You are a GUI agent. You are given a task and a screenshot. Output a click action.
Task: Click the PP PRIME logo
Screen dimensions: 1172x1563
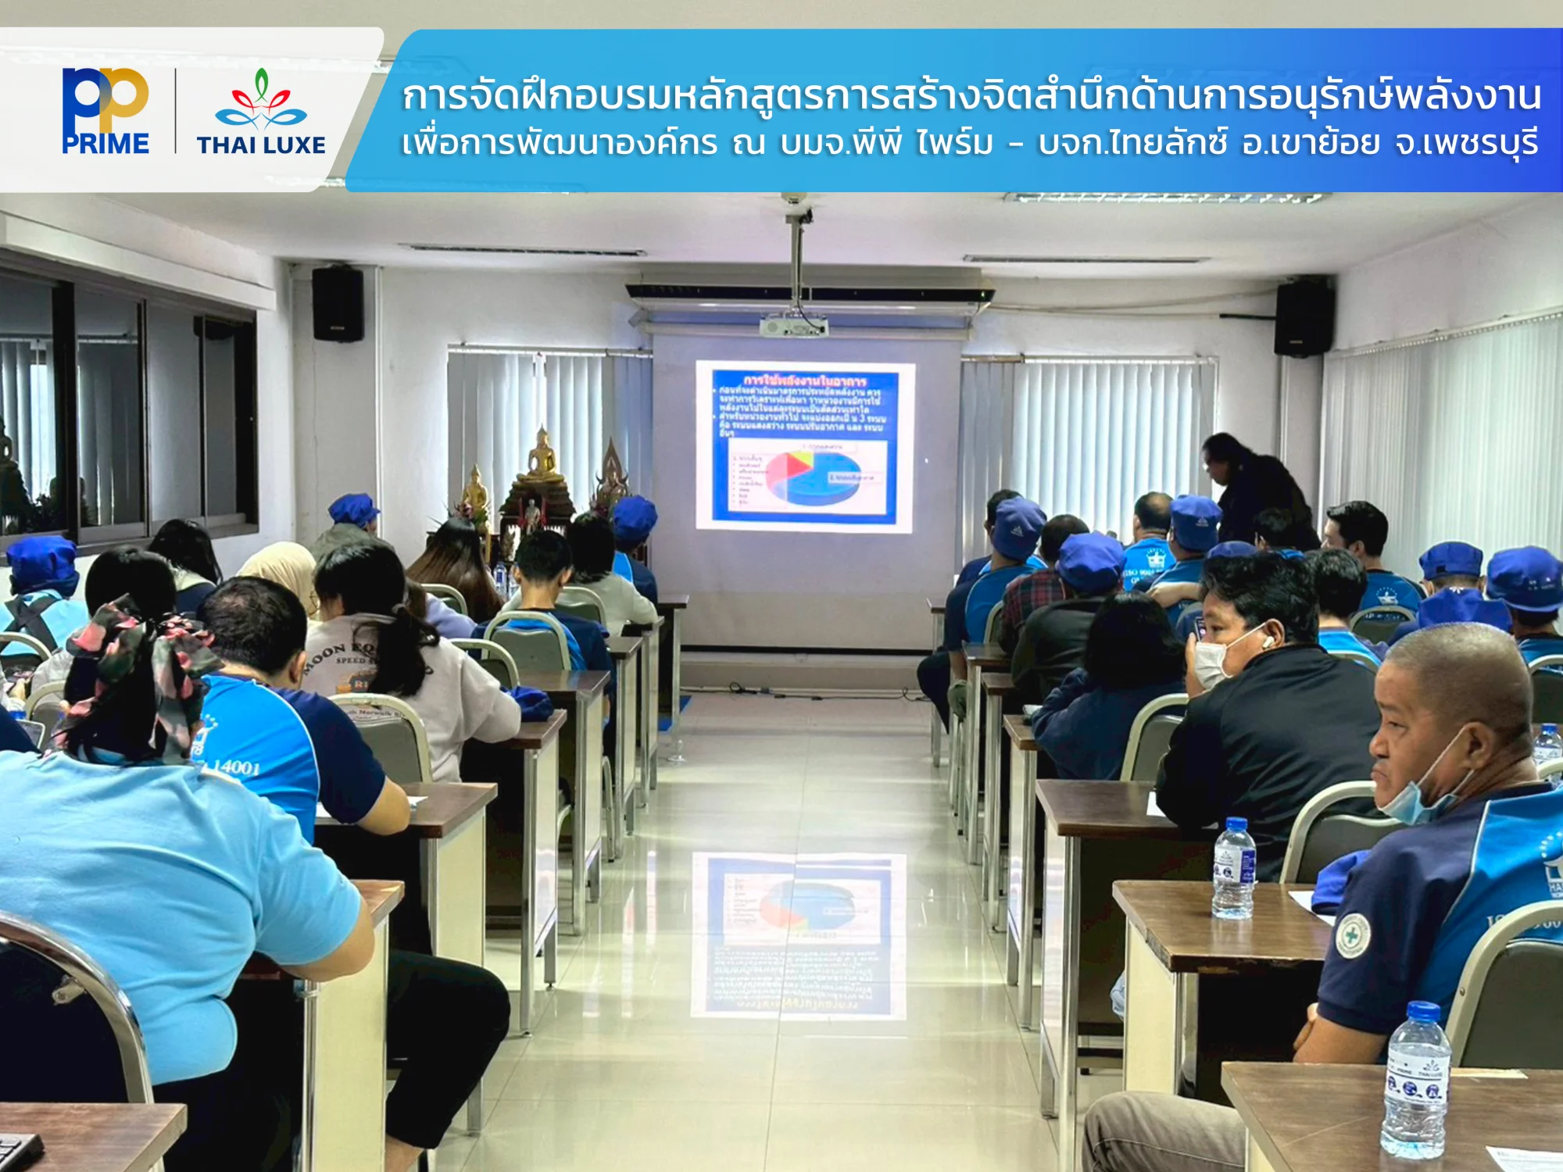click(106, 111)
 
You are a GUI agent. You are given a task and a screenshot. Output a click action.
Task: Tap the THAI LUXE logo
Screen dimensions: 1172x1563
click(261, 113)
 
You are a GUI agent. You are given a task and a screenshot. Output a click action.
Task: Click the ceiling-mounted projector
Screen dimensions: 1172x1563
click(792, 325)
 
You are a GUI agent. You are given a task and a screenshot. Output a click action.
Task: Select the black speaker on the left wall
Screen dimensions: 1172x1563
click(338, 304)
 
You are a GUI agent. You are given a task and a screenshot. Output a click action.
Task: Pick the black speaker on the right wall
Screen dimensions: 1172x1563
click(1304, 316)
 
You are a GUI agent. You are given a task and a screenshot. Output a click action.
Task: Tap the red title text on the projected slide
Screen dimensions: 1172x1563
click(804, 381)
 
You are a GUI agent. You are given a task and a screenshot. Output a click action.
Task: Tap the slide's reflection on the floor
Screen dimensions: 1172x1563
click(799, 934)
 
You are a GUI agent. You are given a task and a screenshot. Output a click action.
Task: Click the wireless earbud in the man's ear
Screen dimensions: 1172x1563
click(1268, 641)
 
